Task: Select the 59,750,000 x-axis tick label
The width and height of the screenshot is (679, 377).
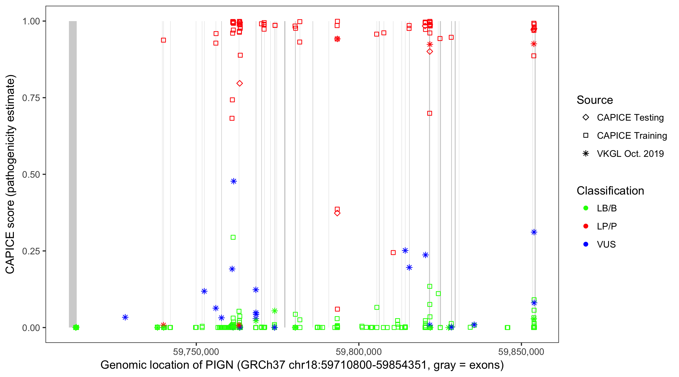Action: point(196,352)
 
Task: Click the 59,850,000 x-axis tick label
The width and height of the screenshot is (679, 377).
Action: point(521,352)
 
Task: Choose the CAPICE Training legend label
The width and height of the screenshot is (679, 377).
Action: point(632,136)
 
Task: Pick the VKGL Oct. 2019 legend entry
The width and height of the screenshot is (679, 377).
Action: point(630,154)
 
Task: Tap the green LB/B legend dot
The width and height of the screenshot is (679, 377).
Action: point(586,208)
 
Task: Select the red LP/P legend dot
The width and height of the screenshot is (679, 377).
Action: point(586,226)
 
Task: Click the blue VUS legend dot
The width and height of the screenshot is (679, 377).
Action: point(586,245)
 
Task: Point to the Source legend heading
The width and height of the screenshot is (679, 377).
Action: point(595,100)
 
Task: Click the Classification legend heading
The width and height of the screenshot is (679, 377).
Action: point(610,191)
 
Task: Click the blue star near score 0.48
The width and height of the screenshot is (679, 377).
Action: point(234,181)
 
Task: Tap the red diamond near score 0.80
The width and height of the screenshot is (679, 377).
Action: point(239,83)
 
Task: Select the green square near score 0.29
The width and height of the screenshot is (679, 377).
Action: point(233,237)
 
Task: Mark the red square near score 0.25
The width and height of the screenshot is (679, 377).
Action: point(393,253)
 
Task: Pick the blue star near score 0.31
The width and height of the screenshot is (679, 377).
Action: point(534,232)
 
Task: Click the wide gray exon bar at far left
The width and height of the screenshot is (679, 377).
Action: point(73,174)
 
